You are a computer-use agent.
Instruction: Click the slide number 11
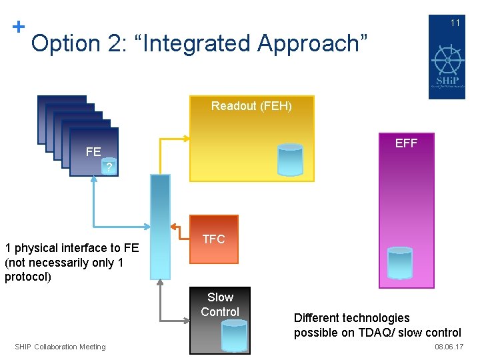coord(455,23)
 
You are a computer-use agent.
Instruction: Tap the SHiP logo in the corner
coord(447,65)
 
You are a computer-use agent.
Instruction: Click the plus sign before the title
coord(19,27)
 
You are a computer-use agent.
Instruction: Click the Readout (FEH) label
coord(251,106)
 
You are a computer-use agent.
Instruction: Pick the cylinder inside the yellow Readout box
coord(290,159)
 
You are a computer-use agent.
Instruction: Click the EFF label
coord(406,143)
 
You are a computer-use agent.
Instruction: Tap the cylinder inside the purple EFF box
coord(400,263)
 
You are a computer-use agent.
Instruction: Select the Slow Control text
coord(220,305)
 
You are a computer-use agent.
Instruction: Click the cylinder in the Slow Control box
coord(234,335)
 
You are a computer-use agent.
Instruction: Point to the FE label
coord(93,152)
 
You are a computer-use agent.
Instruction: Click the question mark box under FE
coord(110,167)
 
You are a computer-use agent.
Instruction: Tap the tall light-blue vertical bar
coord(160,227)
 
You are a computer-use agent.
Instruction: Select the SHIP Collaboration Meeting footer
coord(60,347)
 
